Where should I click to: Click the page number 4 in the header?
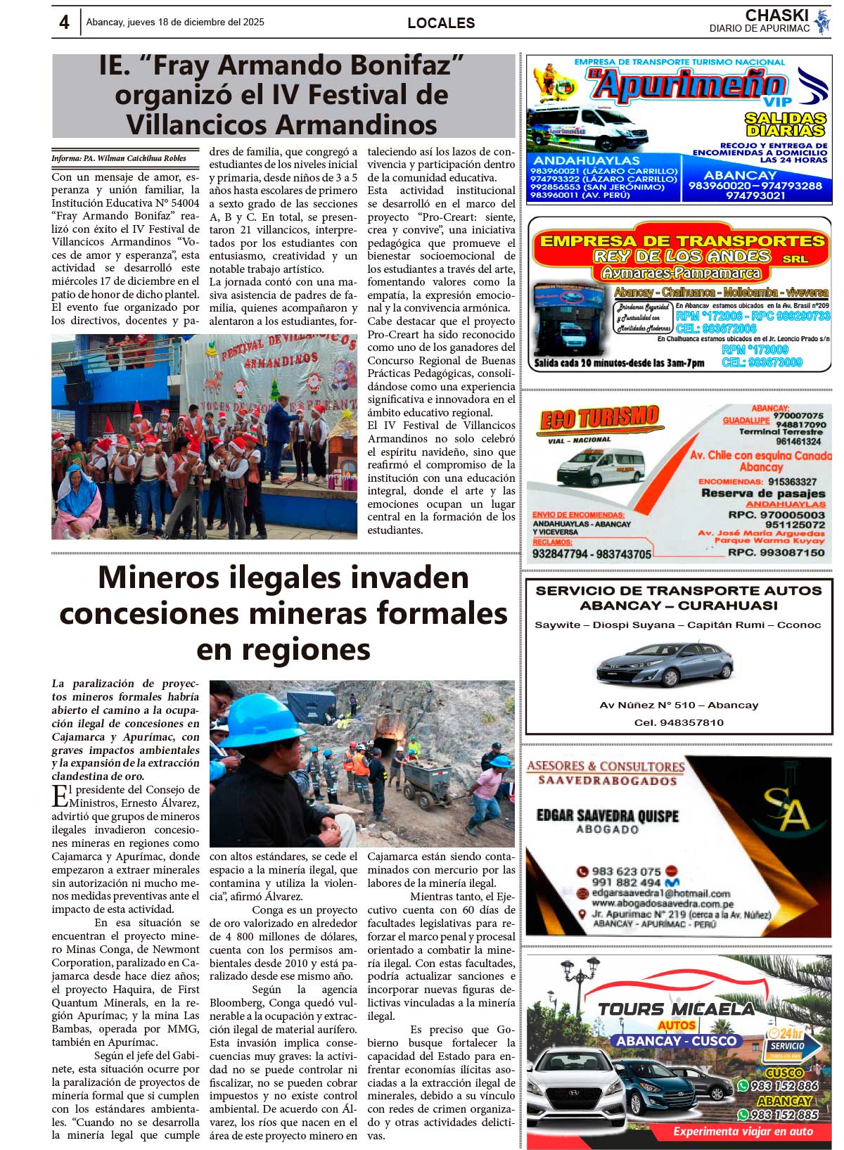click(64, 23)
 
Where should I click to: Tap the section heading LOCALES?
click(441, 23)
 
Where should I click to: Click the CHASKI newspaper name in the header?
click(776, 15)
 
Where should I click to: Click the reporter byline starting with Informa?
click(119, 158)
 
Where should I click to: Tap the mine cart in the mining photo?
click(426, 783)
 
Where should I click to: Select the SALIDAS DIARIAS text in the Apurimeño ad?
click(785, 124)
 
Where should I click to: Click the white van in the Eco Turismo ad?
click(600, 466)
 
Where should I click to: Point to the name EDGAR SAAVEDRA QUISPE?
click(607, 815)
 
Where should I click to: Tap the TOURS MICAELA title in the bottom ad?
click(675, 1009)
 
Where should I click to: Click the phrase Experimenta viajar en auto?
click(743, 1132)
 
